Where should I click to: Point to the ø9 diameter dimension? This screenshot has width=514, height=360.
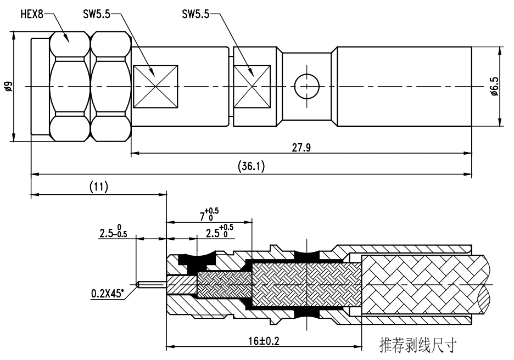click(x=7, y=86)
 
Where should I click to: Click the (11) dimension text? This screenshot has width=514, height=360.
click(x=98, y=186)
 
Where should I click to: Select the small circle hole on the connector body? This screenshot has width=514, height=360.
click(x=306, y=86)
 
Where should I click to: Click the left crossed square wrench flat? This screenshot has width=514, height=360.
click(x=156, y=86)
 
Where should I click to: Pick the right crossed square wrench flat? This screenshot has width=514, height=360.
click(x=252, y=86)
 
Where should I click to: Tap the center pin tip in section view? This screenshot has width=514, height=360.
click(x=142, y=284)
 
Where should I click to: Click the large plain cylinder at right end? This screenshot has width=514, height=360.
click(x=404, y=86)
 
